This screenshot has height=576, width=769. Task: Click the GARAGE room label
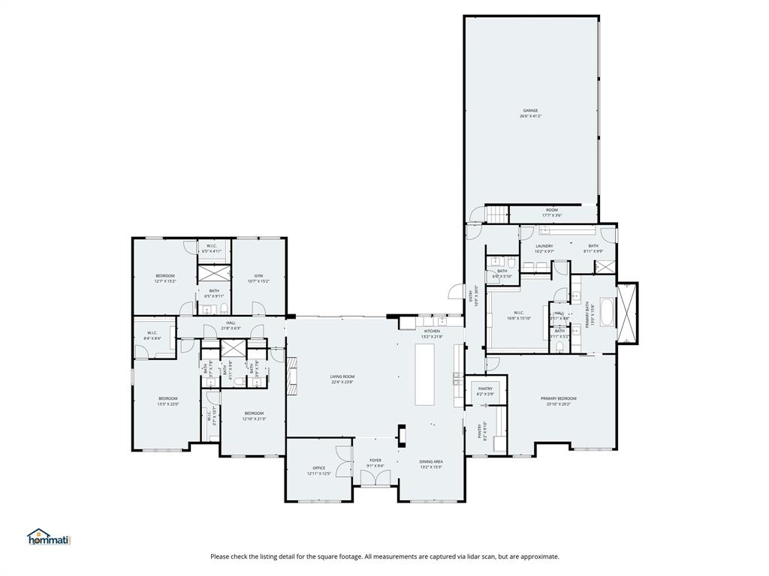pos(530,110)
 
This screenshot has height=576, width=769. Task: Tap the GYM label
pos(258,275)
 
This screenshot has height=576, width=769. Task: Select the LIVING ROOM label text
pos(342,376)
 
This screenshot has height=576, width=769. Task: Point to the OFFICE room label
pos(319,468)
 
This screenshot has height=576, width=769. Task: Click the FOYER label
pos(375,460)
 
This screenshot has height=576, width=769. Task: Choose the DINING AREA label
pos(431,462)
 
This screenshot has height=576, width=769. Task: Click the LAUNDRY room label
pos(544,246)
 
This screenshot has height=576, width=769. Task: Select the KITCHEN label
pos(432,331)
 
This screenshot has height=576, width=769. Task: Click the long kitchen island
pos(425,374)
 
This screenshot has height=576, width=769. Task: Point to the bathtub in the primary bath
pos(608,310)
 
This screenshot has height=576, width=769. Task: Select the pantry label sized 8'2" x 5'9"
pos(485,388)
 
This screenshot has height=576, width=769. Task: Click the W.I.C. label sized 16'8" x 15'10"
pos(519,313)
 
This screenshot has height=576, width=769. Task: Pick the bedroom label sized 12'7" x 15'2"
pos(165,276)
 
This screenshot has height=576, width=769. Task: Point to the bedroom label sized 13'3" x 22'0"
pos(167,398)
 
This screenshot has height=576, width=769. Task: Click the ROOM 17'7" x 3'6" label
pos(552,210)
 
